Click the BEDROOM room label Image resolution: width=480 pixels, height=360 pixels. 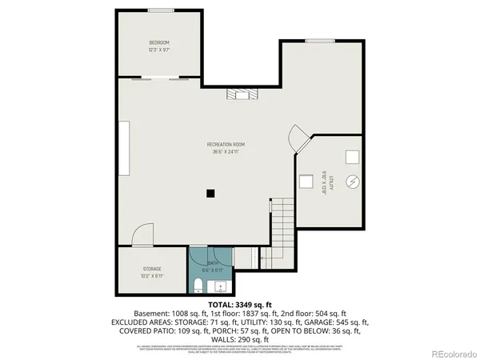tap(159, 42)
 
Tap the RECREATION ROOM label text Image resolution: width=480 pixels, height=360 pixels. tap(226, 144)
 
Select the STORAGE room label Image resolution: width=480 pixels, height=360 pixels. tap(152, 269)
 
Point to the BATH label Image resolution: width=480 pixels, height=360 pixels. tap(213, 262)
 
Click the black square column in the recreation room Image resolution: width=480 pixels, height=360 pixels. tap(210, 192)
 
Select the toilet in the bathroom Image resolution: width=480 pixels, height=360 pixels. tap(198, 285)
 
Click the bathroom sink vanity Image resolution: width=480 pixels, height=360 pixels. tap(223, 286)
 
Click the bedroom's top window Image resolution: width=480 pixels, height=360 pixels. tap(161, 10)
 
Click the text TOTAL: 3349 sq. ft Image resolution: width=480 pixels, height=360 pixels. tap(240, 305)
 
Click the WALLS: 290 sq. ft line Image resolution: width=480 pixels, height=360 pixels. tap(240, 338)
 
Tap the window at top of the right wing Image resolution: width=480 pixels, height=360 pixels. tap(319, 40)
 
